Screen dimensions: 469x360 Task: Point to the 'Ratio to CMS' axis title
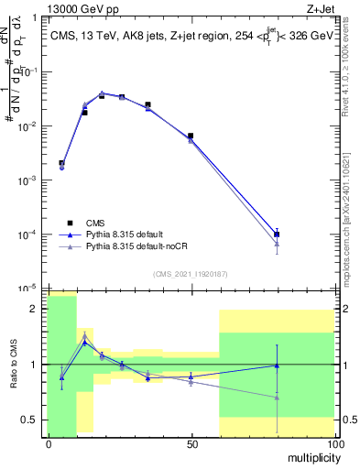pyautogui.click(x=12, y=365)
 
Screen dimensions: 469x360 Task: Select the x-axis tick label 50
pyautogui.click(x=191, y=444)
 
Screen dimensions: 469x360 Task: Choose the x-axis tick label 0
pyautogui.click(x=49, y=444)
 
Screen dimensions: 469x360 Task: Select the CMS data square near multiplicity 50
pyautogui.click(x=191, y=136)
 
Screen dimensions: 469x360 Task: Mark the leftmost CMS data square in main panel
pyautogui.click(x=61, y=163)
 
